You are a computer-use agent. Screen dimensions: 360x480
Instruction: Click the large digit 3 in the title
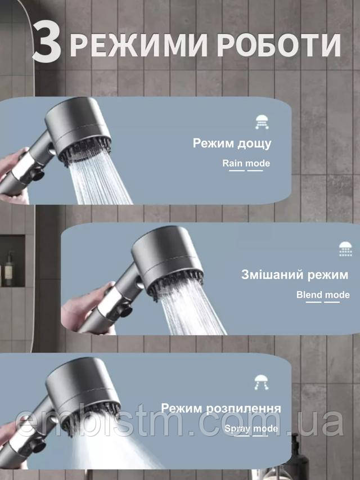pyautogui.click(x=47, y=42)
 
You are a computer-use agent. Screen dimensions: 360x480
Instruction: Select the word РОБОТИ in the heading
pyautogui.click(x=279, y=46)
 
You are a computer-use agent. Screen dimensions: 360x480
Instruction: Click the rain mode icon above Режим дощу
pyautogui.click(x=262, y=122)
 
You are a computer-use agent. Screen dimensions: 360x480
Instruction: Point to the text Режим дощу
pyautogui.click(x=232, y=143)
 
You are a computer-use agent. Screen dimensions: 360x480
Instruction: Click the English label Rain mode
pyautogui.click(x=246, y=163)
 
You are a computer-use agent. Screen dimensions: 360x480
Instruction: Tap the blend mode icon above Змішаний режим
pyautogui.click(x=345, y=249)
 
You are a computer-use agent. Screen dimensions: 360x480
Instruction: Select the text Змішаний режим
pyautogui.click(x=295, y=275)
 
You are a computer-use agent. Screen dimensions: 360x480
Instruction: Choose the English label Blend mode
pyautogui.click(x=323, y=295)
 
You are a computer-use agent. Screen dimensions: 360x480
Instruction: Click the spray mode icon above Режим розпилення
pyautogui.click(x=262, y=382)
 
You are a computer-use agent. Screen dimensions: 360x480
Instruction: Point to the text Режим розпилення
pyautogui.click(x=220, y=408)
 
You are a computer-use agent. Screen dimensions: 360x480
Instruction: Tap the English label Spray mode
pyautogui.click(x=251, y=429)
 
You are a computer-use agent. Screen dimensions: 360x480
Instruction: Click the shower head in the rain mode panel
pyautogui.click(x=78, y=129)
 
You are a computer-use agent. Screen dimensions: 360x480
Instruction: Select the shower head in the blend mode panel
pyautogui.click(x=168, y=261)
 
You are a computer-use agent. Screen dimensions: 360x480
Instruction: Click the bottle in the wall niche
pyautogui.click(x=8, y=269)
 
